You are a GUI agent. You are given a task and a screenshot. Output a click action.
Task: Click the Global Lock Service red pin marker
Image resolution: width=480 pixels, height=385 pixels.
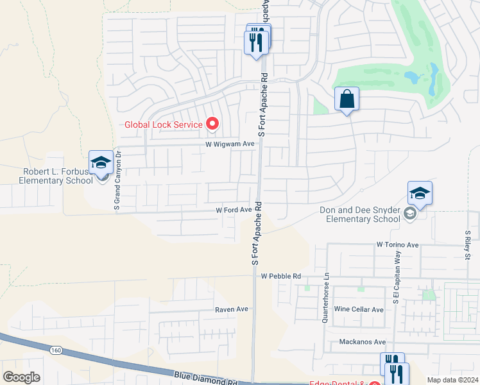pos(212,124)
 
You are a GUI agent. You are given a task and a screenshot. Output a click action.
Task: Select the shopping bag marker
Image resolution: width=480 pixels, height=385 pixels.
pos(347,99)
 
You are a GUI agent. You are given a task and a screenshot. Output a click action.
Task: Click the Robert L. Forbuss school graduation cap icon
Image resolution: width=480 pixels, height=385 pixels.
pos(101,163)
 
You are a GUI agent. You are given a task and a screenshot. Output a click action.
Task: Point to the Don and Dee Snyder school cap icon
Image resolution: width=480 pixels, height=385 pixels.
pos(420,193)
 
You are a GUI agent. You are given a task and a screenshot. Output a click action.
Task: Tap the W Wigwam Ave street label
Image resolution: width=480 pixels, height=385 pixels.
pos(230,144)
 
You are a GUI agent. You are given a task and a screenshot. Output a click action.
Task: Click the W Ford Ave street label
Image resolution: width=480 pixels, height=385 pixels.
pos(233,210)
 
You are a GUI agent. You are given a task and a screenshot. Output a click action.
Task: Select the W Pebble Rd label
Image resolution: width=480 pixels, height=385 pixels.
pos(281,276)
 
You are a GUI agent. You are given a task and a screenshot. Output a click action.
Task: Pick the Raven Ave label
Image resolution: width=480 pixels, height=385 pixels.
pos(232,309)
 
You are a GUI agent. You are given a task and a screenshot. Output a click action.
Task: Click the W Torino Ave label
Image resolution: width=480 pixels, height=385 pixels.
pos(398,244)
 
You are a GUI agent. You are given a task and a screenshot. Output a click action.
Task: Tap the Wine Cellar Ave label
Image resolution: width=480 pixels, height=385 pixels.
pos(359,309)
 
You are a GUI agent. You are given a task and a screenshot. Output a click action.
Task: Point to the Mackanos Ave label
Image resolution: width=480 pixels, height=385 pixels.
pos(362,342)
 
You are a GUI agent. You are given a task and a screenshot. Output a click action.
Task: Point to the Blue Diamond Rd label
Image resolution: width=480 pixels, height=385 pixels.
pos(205,377)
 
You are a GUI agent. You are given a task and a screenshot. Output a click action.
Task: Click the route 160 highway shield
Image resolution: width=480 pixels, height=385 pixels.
pos(56,350)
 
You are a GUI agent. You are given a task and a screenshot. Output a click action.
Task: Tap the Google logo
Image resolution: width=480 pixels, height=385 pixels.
pos(21,377)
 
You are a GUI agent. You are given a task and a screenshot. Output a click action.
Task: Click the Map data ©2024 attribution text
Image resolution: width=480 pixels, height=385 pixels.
pos(452,380)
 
